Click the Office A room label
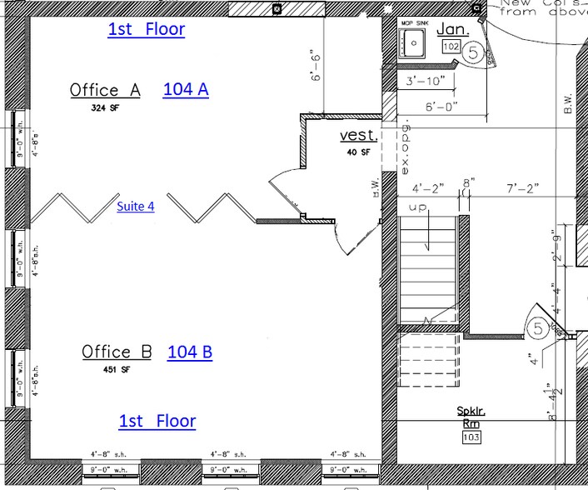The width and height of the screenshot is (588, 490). (x=105, y=90)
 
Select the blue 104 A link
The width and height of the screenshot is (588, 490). (x=185, y=89)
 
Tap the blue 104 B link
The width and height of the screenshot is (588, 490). (x=190, y=352)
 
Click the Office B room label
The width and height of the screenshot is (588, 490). (x=117, y=352)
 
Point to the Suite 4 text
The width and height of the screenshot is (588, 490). (x=135, y=206)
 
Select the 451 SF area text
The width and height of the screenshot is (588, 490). (x=117, y=369)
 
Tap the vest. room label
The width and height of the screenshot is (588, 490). (x=358, y=136)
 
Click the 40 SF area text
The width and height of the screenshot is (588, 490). (x=358, y=152)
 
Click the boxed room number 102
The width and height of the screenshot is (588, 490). (x=451, y=47)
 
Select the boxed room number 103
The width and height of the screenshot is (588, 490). (x=471, y=436)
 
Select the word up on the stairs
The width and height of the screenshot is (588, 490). (x=418, y=206)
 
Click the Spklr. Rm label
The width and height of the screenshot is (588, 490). (x=471, y=416)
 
